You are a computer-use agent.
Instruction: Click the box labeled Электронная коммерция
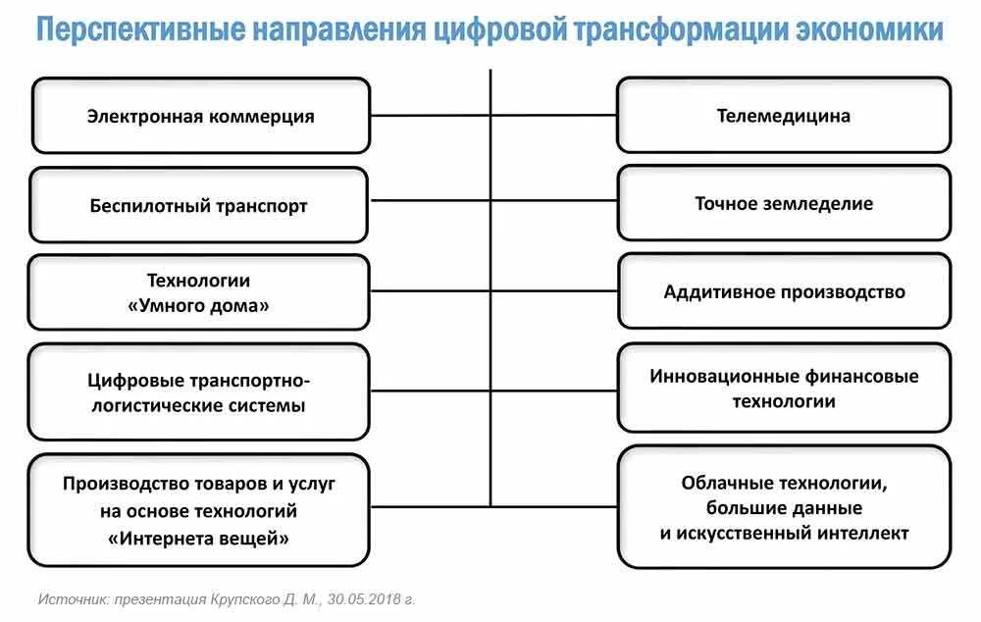click(201, 116)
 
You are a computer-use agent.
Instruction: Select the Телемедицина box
click(784, 116)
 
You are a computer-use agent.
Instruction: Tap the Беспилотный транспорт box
click(199, 206)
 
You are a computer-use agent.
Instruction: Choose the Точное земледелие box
click(784, 204)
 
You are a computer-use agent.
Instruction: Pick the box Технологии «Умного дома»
click(199, 292)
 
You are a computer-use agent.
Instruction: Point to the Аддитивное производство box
click(784, 291)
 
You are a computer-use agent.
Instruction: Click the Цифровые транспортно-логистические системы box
click(199, 391)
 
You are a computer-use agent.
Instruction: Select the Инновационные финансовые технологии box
click(784, 389)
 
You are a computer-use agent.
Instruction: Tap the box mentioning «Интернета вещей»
click(199, 510)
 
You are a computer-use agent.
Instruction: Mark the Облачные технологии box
click(784, 507)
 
